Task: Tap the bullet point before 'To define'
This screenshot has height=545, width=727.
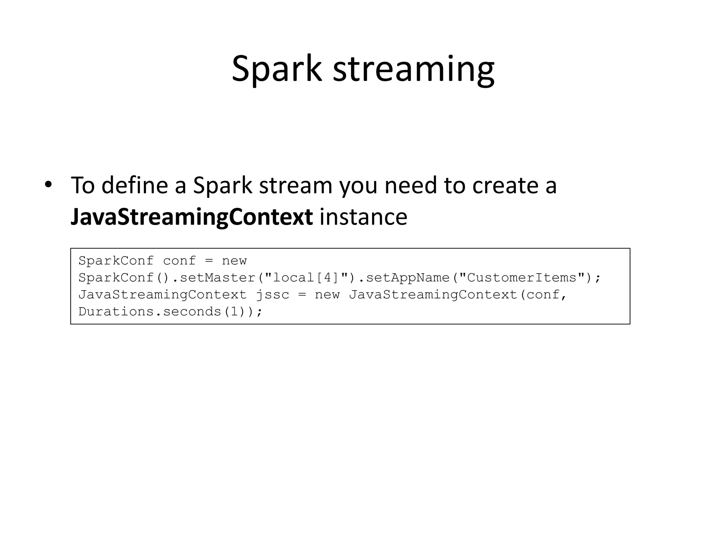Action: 48,185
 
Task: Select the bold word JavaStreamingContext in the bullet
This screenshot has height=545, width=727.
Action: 192,217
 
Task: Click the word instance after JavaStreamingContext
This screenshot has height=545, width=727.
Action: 363,217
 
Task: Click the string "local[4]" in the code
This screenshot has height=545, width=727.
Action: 307,277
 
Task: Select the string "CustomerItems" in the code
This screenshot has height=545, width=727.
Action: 522,277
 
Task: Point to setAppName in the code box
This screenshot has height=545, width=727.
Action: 408,277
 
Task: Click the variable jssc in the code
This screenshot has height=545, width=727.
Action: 273,294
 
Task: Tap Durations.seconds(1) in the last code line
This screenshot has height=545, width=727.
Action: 167,312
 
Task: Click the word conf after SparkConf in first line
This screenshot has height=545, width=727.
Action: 179,261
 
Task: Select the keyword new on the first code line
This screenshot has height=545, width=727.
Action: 234,261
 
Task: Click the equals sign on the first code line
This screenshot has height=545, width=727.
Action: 209,261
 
